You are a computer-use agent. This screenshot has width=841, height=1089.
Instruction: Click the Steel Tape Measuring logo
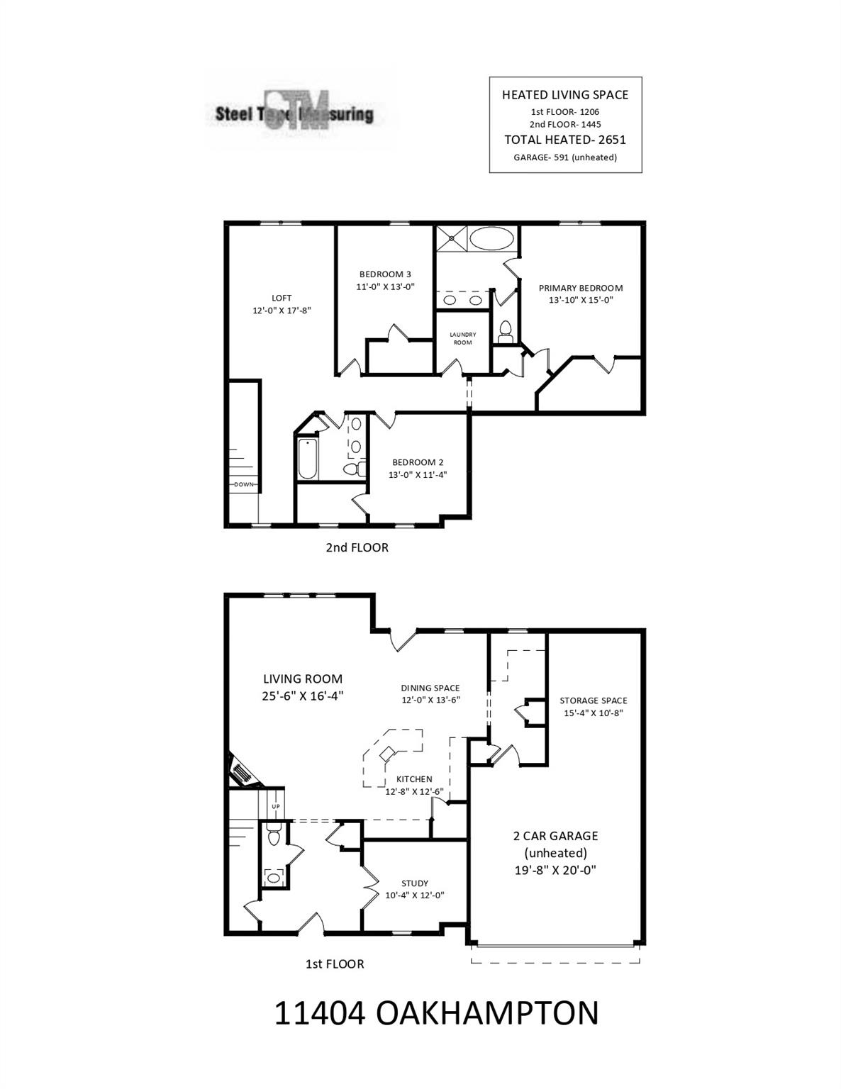coord(295,113)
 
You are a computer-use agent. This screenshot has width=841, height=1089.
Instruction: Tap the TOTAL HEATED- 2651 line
coord(565,140)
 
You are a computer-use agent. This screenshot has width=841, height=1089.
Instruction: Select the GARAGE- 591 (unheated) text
coord(565,157)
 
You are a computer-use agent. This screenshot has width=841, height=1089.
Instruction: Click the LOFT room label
coord(282,298)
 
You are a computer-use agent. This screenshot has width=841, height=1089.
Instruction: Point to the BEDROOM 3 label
coord(385,274)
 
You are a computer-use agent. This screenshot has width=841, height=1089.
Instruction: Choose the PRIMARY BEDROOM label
coord(580,288)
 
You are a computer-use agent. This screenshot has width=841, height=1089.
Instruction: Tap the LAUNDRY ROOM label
coord(462,338)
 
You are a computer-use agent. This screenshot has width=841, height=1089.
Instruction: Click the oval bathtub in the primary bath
coord(491,238)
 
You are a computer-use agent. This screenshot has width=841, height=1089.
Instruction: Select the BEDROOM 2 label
coord(418,462)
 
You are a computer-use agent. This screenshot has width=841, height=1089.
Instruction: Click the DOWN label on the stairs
coord(244,484)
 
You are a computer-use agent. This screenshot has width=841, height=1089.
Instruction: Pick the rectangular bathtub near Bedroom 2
coord(307,459)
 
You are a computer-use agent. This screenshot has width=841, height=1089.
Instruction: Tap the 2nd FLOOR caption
coord(357,547)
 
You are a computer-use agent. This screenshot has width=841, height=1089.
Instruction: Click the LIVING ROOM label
coord(303,678)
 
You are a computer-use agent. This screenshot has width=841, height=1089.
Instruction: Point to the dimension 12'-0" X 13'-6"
coord(430,700)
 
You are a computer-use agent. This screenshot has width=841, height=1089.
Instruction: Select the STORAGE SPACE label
coord(594,700)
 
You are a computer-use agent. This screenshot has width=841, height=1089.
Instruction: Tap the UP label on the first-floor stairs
coord(276,806)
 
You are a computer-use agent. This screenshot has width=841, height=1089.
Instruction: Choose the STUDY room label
coord(415,883)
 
